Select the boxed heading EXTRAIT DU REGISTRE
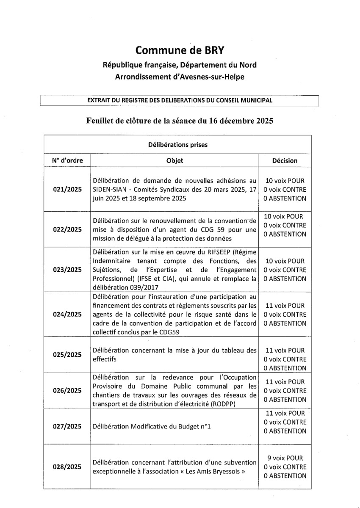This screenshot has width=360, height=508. point(179,100)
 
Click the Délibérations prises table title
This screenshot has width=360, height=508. point(177,145)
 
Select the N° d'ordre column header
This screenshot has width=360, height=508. point(67,160)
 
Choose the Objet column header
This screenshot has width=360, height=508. point(174,160)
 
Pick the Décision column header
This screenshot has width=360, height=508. point(285,160)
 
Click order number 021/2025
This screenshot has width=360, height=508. point(67,189)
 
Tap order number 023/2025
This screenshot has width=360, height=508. point(67,269)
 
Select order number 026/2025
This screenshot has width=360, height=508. point(67,390)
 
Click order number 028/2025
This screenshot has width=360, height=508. point(67,467)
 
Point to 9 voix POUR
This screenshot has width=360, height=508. point(285,458)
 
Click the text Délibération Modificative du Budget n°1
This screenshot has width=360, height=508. point(151,426)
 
